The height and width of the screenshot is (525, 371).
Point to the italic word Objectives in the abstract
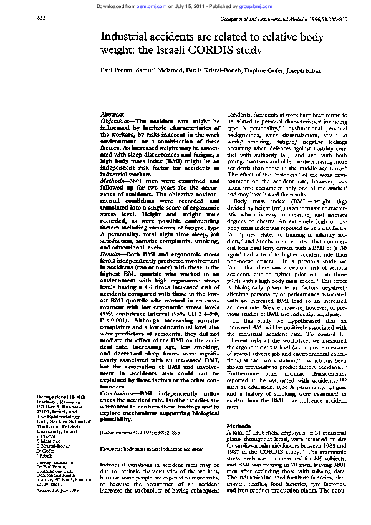pos(117,122)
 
